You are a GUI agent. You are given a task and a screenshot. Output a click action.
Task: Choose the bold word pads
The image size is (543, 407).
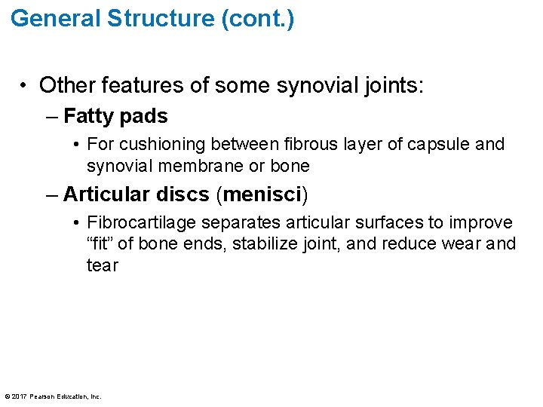coord(144,116)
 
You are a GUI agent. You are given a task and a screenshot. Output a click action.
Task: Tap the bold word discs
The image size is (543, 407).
coord(184,194)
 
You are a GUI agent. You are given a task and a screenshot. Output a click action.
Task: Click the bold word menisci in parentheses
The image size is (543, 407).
coord(262,194)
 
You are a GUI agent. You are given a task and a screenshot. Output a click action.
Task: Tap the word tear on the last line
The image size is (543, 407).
coord(102,265)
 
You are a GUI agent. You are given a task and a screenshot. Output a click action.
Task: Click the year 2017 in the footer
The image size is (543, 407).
coord(20,396)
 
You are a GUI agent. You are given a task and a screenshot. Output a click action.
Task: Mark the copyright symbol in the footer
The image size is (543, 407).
coord(8,396)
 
